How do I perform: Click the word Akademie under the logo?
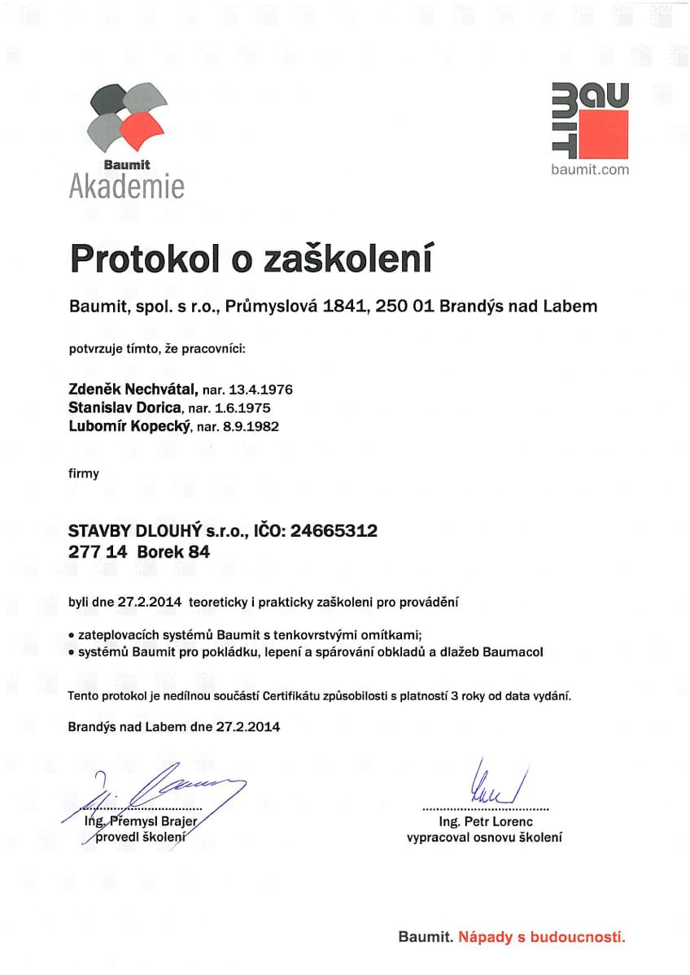coord(127,186)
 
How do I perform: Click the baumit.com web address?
coord(590,169)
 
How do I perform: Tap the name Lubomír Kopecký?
coord(129,426)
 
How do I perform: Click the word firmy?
coord(84,473)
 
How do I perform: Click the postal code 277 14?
coord(93,552)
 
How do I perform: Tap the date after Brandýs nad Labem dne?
coord(248,727)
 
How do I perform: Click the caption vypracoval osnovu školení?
coord(484,838)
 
